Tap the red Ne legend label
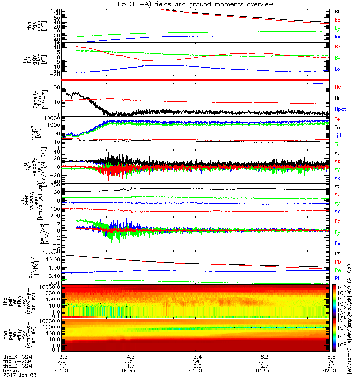pos(338,87)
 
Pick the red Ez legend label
pos(338,221)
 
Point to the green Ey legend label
pos(338,233)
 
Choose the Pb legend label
pos(338,262)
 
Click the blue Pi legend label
pos(337,278)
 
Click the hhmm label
pos(9,372)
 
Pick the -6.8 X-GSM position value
pos(329,357)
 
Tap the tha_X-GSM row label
pos(16,357)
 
